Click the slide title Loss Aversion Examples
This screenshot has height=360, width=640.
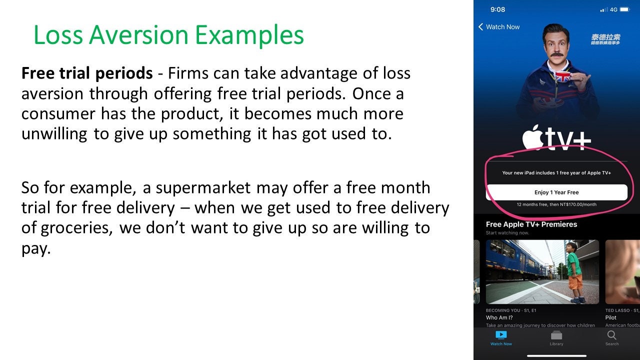click(168, 35)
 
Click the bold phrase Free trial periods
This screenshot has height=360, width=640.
click(86, 73)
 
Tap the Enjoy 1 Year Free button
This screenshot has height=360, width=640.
click(556, 192)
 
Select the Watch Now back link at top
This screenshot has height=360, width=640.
click(499, 27)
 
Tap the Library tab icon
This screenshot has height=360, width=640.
click(556, 335)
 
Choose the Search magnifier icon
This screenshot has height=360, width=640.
click(611, 335)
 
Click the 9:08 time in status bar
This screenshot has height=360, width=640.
click(497, 9)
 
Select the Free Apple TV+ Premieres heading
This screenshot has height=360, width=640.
click(531, 224)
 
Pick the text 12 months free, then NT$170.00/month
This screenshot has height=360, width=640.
click(556, 204)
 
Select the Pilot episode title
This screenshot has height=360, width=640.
click(610, 317)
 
